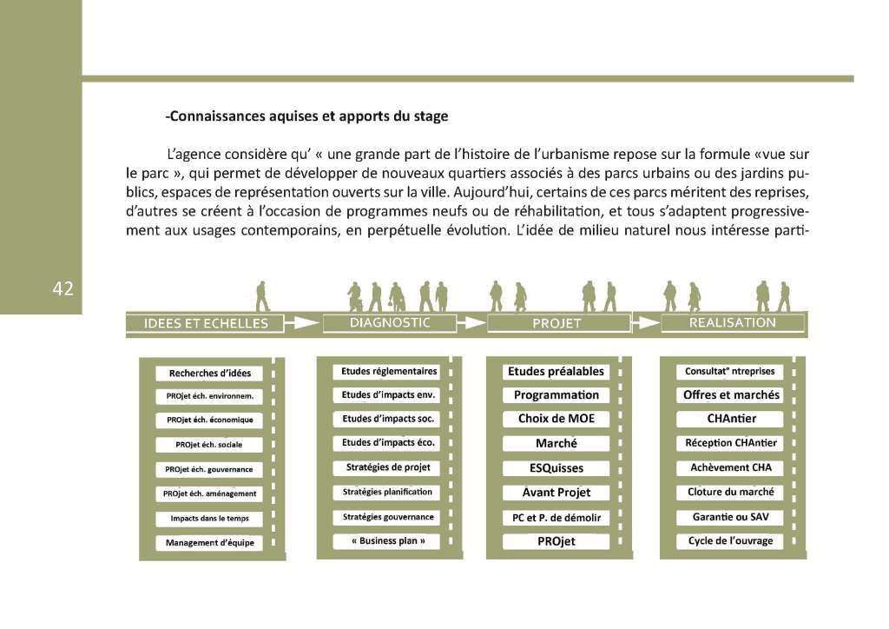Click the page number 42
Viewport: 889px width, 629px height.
(63, 289)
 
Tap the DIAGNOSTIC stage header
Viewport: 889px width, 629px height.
(390, 322)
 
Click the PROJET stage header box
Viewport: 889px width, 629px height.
(556, 324)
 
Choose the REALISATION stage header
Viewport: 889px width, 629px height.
(732, 322)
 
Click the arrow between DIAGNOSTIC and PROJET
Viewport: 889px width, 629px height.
(471, 323)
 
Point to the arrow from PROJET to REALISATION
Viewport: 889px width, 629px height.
(646, 323)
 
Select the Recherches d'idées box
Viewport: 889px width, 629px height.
(209, 374)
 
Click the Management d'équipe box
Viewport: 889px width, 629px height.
(209, 544)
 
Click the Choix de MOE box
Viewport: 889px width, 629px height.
(556, 419)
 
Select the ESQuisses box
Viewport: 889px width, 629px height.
(556, 468)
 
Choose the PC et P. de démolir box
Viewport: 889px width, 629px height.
(556, 518)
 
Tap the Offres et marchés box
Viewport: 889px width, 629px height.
(731, 395)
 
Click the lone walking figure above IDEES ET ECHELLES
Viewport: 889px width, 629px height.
(262, 296)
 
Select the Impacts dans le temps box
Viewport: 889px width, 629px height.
(209, 519)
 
